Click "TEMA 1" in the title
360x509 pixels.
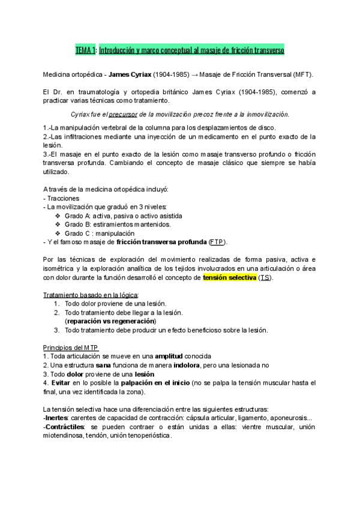85,52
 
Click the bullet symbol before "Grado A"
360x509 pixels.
58,215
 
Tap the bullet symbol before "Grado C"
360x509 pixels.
58,233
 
